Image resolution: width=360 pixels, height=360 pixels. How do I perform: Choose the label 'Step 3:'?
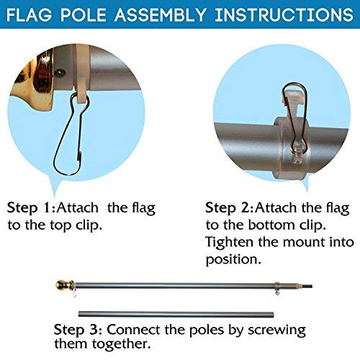(x=76, y=310)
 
